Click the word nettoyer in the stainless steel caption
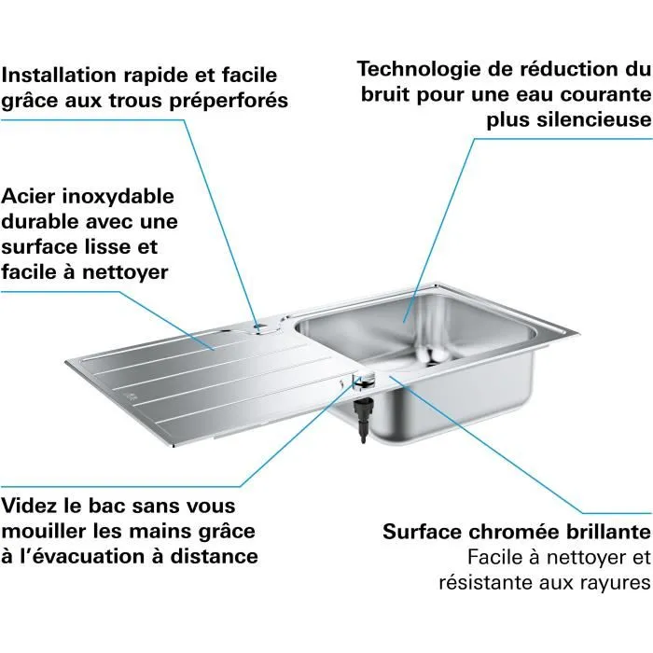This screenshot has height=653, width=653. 121,272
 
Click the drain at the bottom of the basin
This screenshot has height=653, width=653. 430,354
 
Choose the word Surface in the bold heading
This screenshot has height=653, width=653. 423,533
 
